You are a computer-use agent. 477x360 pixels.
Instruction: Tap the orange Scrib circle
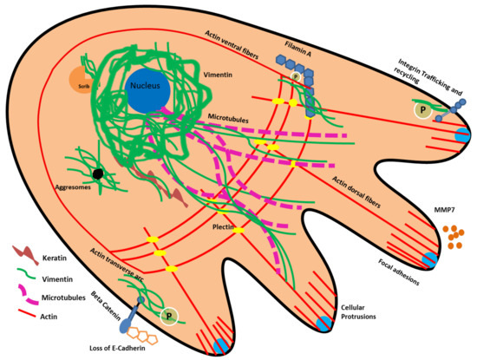click(84, 79)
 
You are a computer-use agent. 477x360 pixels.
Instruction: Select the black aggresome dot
click(100, 173)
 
